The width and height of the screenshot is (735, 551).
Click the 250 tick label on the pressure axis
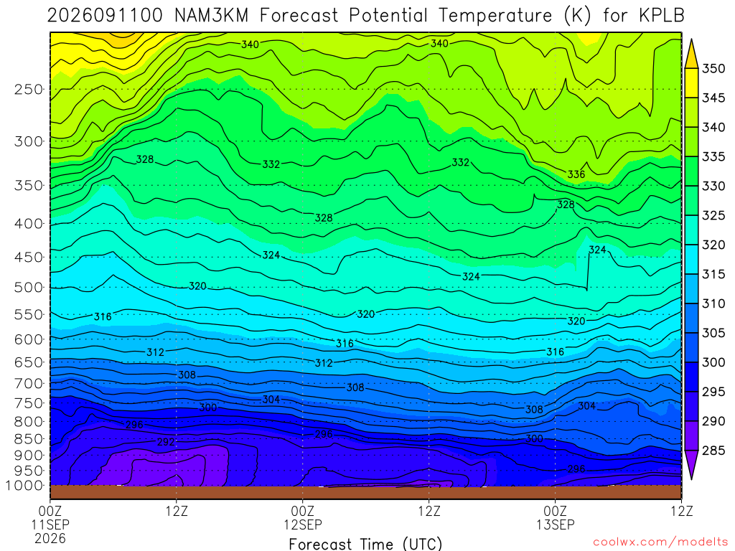[28, 89]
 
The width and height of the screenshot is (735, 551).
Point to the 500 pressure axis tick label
[28, 287]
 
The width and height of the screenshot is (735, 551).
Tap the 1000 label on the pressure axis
[24, 486]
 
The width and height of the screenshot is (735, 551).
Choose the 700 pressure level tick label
[28, 383]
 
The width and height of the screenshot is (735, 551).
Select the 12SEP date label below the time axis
[303, 524]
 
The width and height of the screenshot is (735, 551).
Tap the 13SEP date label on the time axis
[556, 524]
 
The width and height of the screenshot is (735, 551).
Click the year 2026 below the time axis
[50, 538]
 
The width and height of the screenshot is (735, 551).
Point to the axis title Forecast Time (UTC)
[365, 544]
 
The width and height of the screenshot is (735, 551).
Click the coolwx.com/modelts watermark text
[660, 542]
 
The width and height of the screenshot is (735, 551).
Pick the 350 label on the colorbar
[713, 68]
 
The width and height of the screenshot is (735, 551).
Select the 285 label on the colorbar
[713, 451]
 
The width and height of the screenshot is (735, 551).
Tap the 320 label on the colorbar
[713, 245]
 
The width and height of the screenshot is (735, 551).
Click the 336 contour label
[576, 174]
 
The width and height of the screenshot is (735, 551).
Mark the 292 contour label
[166, 442]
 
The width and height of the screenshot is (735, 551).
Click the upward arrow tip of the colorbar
[691, 40]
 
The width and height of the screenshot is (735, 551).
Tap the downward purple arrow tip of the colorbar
[691, 479]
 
